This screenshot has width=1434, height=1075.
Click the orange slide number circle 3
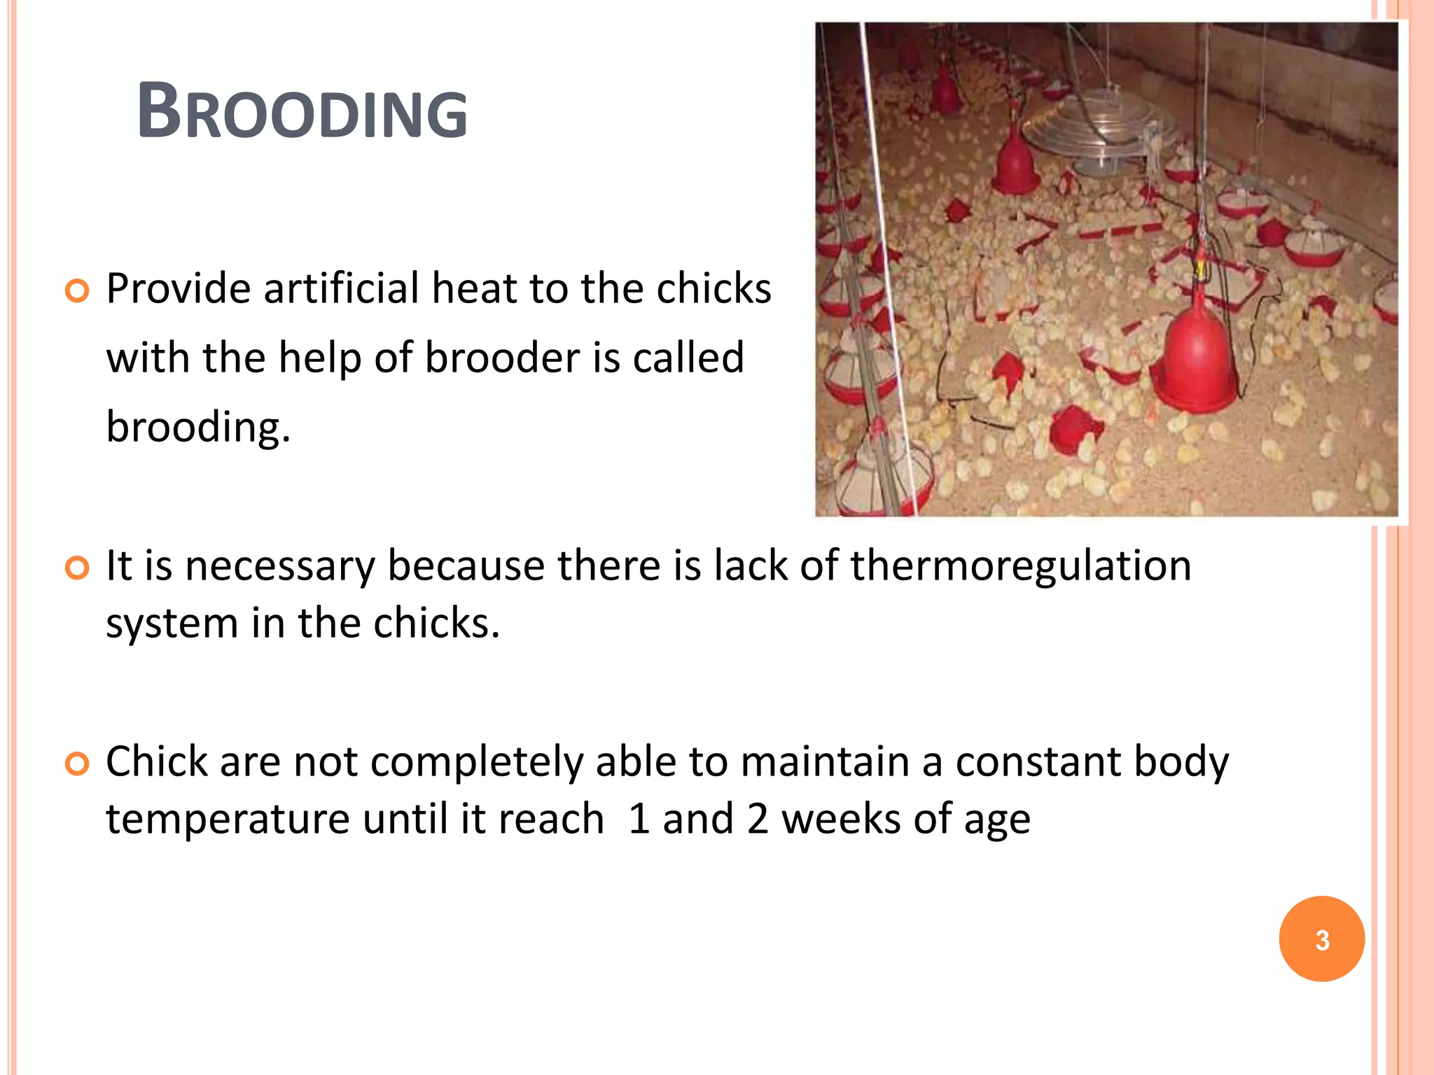tap(1321, 939)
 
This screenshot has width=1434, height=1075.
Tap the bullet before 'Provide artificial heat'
tap(77, 290)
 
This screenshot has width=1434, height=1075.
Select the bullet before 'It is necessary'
tap(77, 568)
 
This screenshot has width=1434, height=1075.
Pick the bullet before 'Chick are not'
tap(77, 764)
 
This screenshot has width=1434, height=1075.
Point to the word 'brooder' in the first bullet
tap(502, 357)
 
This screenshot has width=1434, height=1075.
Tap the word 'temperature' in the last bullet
tap(228, 819)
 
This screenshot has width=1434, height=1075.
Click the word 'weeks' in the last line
tap(840, 819)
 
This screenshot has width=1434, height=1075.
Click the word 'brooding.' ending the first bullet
tap(198, 426)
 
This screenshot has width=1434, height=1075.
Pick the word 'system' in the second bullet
tap(172, 623)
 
